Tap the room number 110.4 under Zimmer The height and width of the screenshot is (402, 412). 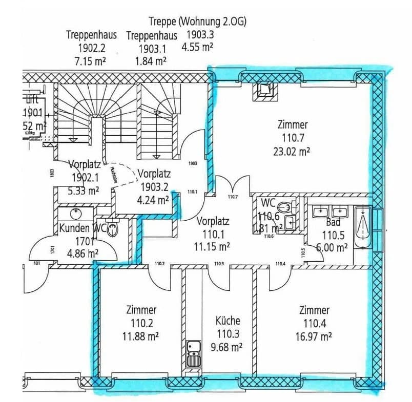(x=315, y=323)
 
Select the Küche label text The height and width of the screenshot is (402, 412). (x=228, y=321)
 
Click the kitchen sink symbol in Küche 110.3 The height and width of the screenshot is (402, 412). (x=193, y=353)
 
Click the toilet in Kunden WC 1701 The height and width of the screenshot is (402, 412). (x=113, y=230)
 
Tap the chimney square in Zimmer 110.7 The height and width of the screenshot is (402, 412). (x=265, y=91)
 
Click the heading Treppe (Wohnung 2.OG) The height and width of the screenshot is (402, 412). (x=197, y=22)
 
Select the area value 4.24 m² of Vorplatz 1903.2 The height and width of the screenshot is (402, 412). (x=154, y=200)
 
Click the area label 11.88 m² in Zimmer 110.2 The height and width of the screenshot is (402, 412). (x=141, y=336)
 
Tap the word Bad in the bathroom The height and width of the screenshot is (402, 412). (x=334, y=223)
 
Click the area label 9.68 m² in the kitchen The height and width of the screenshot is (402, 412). (x=228, y=347)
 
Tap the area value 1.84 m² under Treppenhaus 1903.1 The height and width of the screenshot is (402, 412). (x=151, y=61)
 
